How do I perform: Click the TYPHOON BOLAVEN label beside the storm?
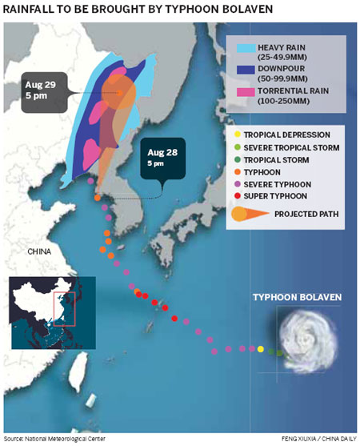click(297, 297)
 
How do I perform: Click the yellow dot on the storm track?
click(261, 349)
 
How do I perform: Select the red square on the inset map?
click(63, 308)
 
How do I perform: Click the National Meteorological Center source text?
click(54, 439)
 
